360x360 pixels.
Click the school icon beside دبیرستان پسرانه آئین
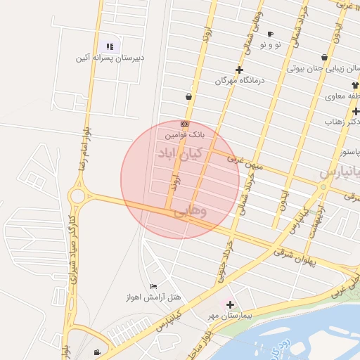click(110, 46)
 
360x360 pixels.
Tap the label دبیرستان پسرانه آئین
click(110, 58)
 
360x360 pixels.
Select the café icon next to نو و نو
click(271, 34)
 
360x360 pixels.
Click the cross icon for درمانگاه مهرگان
click(240, 70)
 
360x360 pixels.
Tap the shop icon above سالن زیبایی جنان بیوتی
click(324, 58)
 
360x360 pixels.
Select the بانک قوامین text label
click(185, 134)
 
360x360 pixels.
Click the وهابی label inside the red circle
click(190, 210)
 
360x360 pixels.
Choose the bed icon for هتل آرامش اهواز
click(153, 286)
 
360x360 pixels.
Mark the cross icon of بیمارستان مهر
click(229, 304)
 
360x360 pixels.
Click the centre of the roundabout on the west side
click(77, 195)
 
